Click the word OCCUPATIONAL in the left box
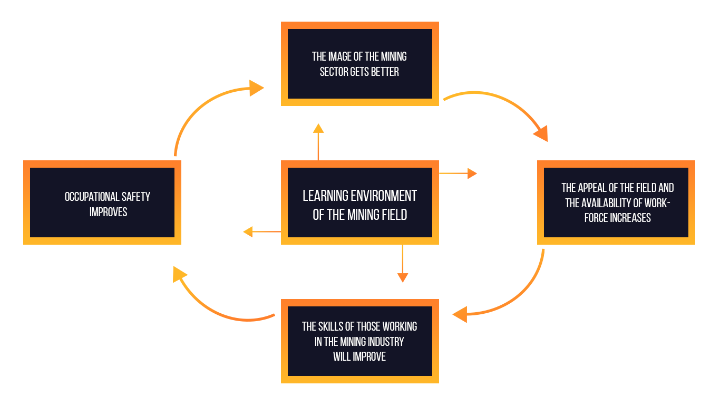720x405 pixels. click(x=92, y=197)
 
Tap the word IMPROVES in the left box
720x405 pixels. click(x=109, y=212)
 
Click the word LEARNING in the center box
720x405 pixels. click(x=325, y=196)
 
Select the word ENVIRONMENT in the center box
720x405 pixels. click(x=384, y=196)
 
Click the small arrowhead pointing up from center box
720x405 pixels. click(x=318, y=128)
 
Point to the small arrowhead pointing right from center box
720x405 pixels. click(x=472, y=173)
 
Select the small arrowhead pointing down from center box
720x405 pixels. click(x=403, y=277)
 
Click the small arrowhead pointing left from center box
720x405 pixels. click(x=248, y=232)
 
